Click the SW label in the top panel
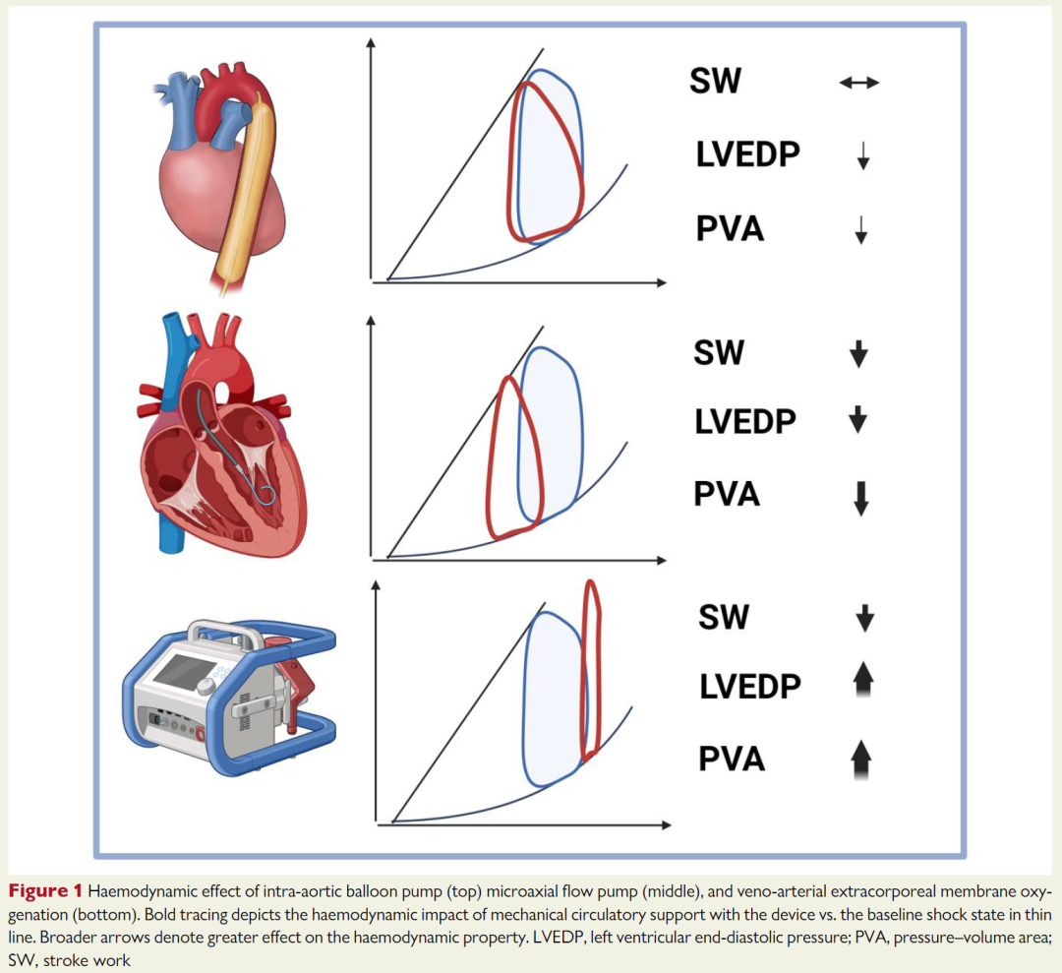tap(715, 81)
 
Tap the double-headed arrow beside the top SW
tap(858, 83)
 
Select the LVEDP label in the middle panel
tap(745, 421)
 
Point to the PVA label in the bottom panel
tap(732, 759)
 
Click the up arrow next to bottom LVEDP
tap(863, 680)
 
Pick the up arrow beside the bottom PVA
tap(860, 760)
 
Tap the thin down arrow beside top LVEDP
tap(863, 155)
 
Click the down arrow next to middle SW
tap(858, 354)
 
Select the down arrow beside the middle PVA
tap(860, 499)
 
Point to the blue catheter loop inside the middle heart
tap(266, 496)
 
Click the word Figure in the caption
tap(39, 891)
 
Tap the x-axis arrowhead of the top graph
tap(662, 282)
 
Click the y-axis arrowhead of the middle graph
tap(371, 320)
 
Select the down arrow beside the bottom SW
tap(865, 618)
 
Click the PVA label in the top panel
tap(730, 229)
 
